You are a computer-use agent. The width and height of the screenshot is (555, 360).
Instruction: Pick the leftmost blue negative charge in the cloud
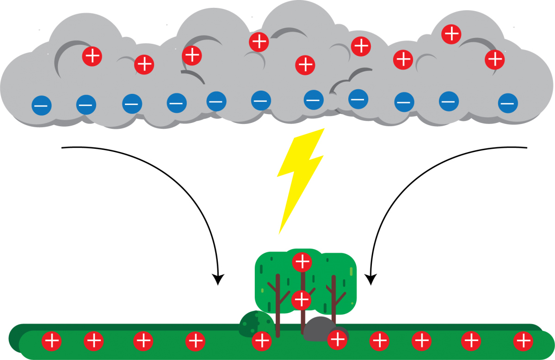click(41, 105)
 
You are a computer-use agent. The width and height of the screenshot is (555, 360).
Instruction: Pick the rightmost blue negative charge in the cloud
click(508, 103)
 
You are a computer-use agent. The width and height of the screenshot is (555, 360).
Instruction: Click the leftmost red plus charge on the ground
click(51, 342)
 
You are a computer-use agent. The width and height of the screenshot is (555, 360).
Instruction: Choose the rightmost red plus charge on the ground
click(523, 341)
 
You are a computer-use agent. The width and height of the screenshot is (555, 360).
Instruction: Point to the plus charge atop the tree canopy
click(302, 262)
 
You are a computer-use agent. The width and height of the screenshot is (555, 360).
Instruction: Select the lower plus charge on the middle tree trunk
click(301, 299)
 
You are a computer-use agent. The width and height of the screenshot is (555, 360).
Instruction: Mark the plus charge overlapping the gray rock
click(337, 341)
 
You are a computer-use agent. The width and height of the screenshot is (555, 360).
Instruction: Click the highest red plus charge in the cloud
click(451, 34)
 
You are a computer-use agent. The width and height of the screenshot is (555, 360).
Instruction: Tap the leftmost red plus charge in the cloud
click(92, 56)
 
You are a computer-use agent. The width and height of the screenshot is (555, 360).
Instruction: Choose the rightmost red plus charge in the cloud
click(495, 59)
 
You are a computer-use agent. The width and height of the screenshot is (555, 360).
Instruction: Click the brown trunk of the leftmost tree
click(278, 305)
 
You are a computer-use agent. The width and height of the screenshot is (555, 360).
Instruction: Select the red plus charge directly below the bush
click(262, 341)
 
